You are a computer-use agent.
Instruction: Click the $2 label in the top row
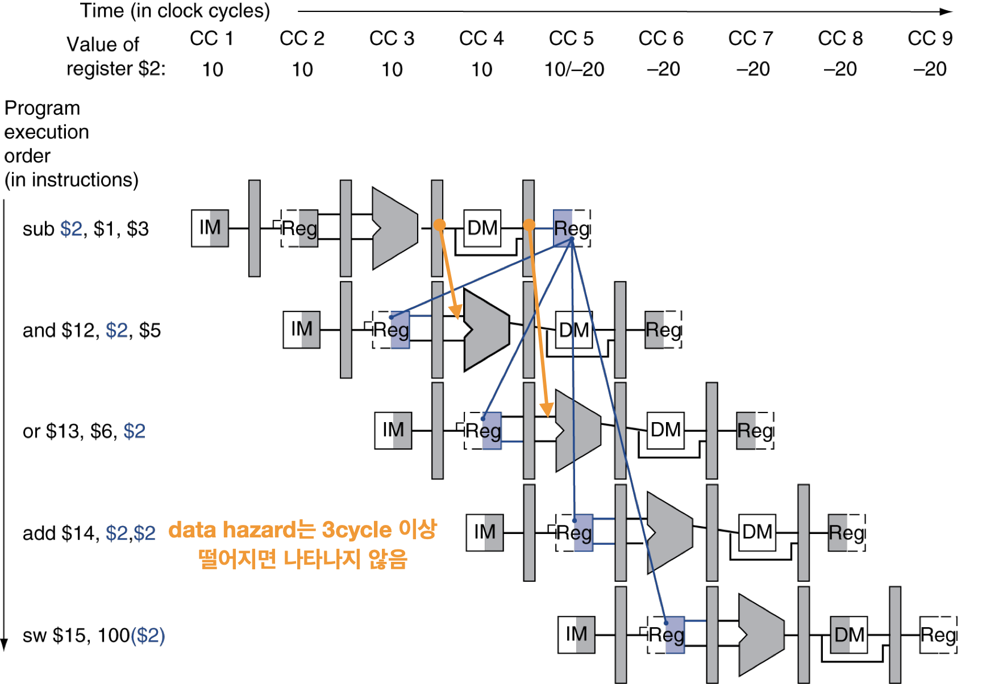[x=72, y=228]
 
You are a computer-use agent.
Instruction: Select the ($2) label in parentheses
[x=148, y=635]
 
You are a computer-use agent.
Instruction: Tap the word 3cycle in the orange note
[x=356, y=530]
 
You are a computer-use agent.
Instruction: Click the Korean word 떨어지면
[x=237, y=560]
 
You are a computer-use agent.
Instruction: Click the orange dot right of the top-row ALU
[x=439, y=225]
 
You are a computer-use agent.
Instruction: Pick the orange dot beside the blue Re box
[x=529, y=225]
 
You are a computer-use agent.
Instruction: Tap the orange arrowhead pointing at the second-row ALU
[x=456, y=312]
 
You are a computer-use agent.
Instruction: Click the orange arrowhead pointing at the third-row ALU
[x=547, y=410]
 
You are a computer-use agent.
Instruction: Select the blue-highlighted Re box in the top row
[x=563, y=228]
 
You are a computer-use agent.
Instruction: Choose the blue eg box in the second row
[x=400, y=330]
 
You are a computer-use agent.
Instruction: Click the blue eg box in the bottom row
[x=675, y=635]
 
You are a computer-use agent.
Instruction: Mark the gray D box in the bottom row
[x=840, y=635]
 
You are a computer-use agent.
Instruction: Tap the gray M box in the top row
[x=218, y=228]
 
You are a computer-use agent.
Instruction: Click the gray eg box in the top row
[x=308, y=228]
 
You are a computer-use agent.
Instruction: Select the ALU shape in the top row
[x=396, y=228]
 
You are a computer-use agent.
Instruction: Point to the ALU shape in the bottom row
[x=762, y=635]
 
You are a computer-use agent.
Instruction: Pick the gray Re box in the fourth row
[x=838, y=533]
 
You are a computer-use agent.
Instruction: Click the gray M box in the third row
[x=401, y=431]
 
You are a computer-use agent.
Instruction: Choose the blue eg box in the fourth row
[x=584, y=533]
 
